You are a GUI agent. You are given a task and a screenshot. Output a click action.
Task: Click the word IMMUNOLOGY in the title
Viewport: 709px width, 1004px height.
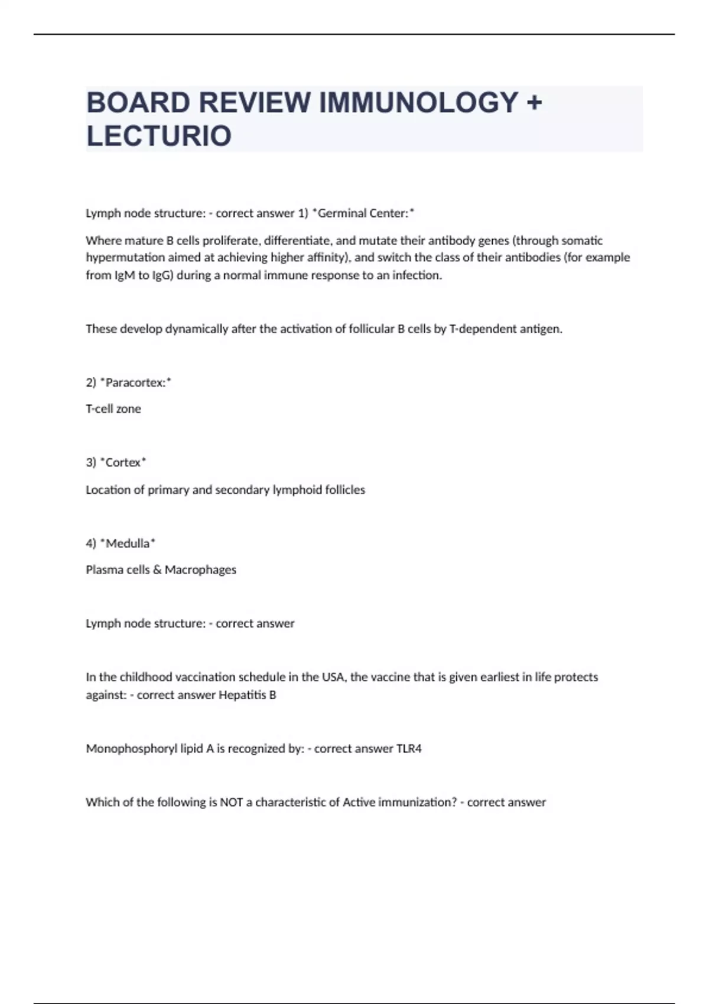click(419, 103)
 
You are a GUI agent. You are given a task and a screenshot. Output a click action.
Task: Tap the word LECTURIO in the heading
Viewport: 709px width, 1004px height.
click(159, 136)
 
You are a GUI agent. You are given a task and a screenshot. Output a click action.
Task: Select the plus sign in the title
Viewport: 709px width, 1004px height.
click(534, 103)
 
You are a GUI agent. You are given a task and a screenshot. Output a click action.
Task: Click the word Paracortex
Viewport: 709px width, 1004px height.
click(135, 383)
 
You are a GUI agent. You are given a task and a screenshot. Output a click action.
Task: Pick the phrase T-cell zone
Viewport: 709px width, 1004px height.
click(113, 409)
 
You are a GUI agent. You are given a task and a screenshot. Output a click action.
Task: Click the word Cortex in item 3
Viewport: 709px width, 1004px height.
click(123, 462)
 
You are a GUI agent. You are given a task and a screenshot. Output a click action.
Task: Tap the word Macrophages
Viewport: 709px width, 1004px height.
click(200, 570)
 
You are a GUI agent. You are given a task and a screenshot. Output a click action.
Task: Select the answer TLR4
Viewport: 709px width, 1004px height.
click(409, 749)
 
